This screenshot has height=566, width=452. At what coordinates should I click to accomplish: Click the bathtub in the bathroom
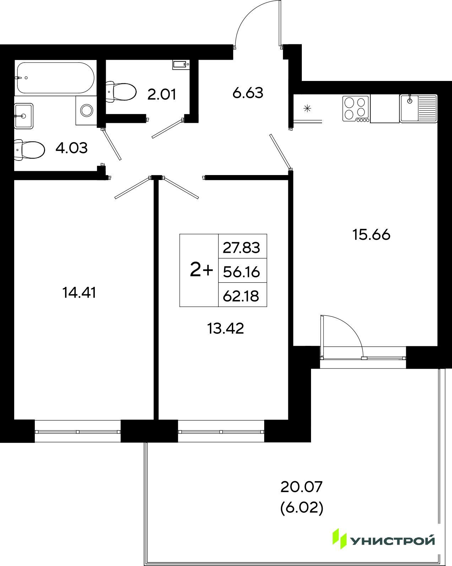(55, 78)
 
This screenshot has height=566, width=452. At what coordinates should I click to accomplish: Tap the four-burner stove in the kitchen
(356, 109)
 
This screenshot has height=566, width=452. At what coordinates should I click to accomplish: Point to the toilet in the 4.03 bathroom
(29, 149)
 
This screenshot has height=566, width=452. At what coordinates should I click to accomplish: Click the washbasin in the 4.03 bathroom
(24, 116)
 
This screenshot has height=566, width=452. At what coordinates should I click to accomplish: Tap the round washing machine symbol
(87, 110)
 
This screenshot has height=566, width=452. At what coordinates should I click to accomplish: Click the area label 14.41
(79, 293)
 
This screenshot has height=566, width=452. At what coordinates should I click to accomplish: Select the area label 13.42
(225, 328)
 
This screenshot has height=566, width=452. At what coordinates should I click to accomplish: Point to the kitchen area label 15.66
(371, 235)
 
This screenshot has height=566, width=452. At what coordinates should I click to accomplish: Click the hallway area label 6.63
(248, 93)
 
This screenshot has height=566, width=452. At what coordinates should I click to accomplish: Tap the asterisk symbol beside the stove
(307, 108)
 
